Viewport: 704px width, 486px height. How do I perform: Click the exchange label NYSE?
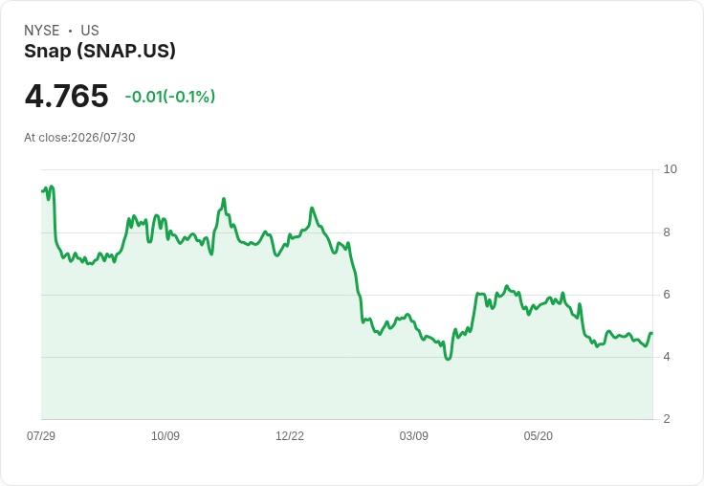point(42,31)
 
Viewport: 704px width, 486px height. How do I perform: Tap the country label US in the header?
point(90,31)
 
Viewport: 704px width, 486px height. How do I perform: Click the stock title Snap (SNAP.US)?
point(99,51)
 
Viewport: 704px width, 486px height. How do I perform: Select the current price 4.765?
point(66,96)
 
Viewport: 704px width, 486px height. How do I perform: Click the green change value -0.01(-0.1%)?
point(170,97)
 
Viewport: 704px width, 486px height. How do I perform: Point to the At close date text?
point(79,138)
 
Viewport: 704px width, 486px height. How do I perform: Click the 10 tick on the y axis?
point(670,169)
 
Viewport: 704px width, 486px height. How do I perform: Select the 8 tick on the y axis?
point(667,232)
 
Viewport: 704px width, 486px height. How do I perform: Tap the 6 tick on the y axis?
point(667,295)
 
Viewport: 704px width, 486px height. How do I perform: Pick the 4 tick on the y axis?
point(667,357)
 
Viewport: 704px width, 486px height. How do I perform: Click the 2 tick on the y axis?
point(667,419)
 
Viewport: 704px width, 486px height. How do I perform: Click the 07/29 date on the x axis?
point(41,435)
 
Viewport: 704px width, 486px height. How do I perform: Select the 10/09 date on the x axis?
point(165,435)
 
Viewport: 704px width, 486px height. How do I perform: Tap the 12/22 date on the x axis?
point(290,435)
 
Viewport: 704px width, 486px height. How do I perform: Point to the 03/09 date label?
point(413,435)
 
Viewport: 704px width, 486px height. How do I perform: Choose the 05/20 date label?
point(538,435)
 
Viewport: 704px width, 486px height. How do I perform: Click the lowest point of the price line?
point(448,359)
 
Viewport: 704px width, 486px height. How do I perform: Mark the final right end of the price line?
point(652,333)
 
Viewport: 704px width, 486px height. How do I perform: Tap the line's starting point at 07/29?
point(42,191)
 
